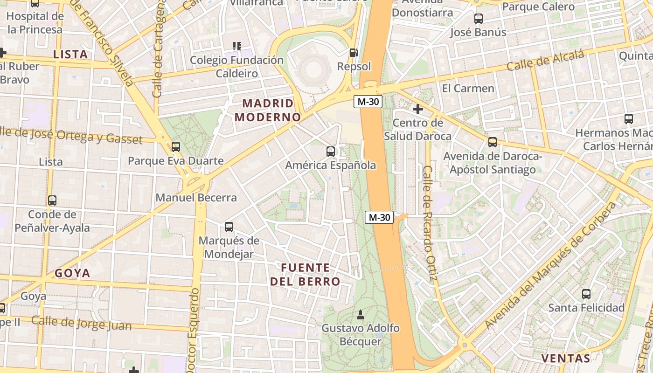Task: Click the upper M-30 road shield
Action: coord(368,102)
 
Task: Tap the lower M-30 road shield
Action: coord(379,217)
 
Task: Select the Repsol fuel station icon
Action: coord(354,53)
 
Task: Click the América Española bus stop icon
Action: coord(331,151)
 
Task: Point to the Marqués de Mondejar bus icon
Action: coord(229,227)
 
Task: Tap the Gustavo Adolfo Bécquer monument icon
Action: coord(360,315)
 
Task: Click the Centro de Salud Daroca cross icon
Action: coord(418,110)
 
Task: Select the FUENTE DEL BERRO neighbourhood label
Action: coord(306,275)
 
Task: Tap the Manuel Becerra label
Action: coord(196,197)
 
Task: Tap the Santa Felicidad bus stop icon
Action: coord(586,294)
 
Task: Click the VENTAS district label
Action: coord(565,358)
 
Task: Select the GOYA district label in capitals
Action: coord(72,273)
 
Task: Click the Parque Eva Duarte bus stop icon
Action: coord(176,147)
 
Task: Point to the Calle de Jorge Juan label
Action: coord(82,323)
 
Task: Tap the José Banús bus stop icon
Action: coord(479,19)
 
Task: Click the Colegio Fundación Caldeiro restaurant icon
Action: coord(237,46)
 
